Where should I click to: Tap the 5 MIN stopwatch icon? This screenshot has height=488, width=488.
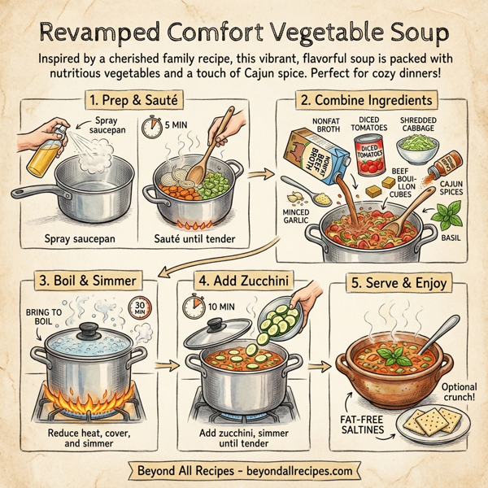[151, 128]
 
